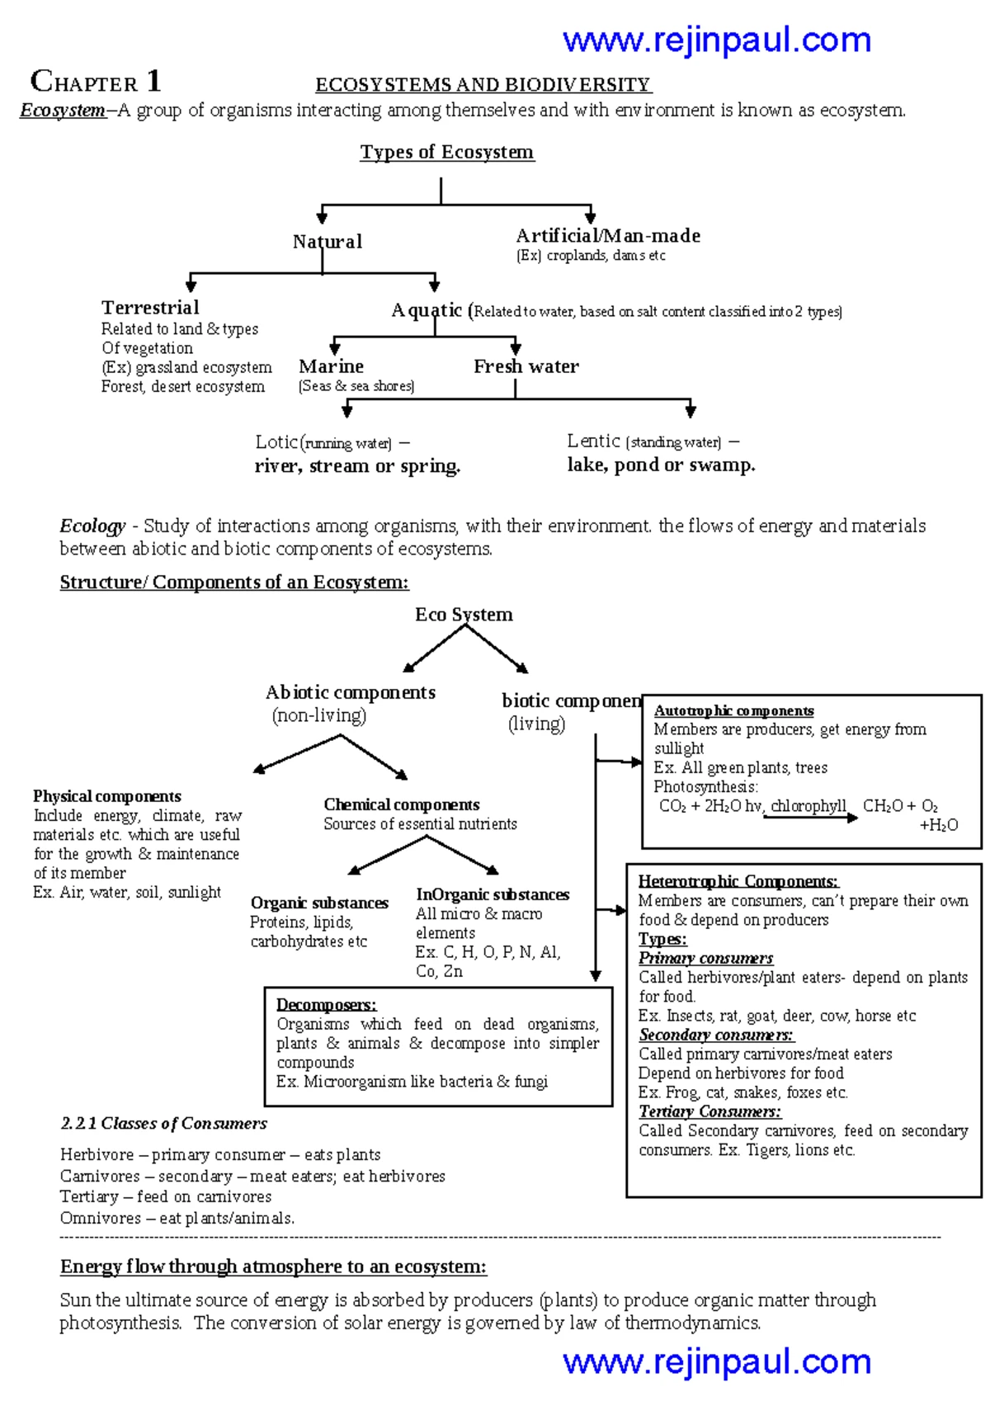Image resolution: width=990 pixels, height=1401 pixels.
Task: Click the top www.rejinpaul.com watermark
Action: (716, 40)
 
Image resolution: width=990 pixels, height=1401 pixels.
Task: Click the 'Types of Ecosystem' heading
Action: (446, 152)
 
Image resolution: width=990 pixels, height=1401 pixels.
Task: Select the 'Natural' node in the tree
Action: (327, 242)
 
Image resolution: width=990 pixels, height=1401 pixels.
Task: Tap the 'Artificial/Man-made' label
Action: (608, 236)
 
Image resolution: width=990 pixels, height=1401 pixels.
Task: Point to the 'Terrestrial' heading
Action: (150, 308)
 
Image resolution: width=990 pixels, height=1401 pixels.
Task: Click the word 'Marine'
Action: (331, 366)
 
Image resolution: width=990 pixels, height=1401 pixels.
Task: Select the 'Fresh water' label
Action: (526, 366)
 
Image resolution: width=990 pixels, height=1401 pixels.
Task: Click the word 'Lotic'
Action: (276, 442)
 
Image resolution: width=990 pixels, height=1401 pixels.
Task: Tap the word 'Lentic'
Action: (593, 441)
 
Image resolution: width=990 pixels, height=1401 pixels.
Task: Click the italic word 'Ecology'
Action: (92, 526)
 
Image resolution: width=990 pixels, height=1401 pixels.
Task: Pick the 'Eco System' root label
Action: (464, 615)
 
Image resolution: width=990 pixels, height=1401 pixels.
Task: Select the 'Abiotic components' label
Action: (350, 693)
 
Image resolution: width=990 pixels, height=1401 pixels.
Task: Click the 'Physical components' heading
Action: (106, 796)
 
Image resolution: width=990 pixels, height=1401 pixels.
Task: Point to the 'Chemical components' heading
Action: (401, 804)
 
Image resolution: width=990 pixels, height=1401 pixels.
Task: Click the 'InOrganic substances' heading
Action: (492, 894)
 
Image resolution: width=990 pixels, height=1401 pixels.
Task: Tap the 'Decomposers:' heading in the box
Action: (326, 1005)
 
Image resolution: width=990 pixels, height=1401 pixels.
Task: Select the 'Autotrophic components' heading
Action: (733, 711)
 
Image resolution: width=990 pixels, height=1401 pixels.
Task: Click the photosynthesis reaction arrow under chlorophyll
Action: (810, 818)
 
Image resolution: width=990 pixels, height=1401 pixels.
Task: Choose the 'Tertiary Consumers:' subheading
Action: (709, 1111)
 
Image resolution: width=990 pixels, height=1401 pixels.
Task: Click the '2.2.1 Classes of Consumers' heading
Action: (163, 1124)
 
